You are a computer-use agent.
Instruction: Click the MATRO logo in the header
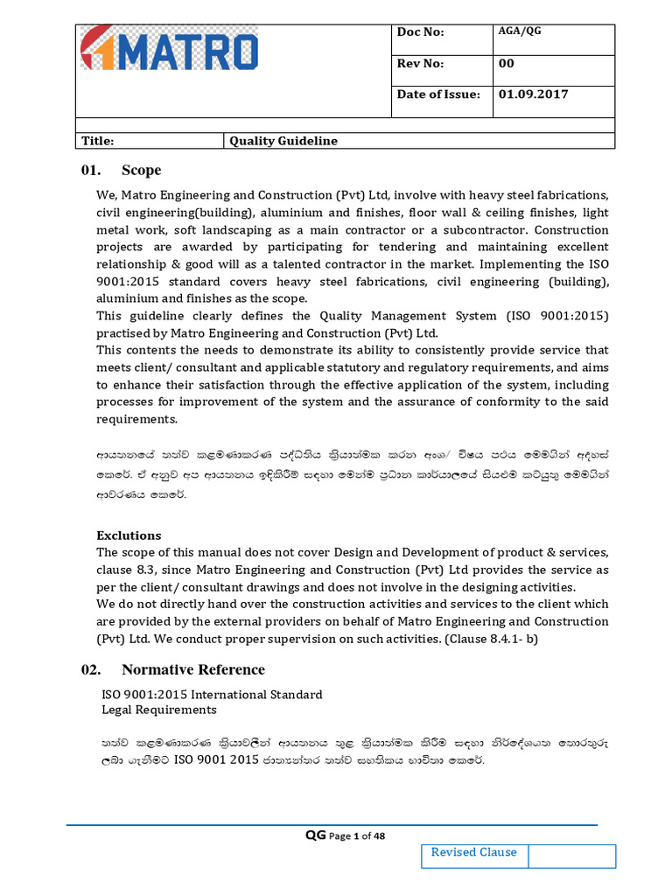click(x=170, y=49)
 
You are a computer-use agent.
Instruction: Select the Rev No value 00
click(x=507, y=63)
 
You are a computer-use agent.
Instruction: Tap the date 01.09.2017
click(x=533, y=94)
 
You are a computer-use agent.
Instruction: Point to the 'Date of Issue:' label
click(x=438, y=94)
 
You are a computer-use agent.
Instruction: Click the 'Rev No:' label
click(x=421, y=63)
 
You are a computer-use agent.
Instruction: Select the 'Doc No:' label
click(x=421, y=32)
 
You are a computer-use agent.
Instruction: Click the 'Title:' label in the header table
click(x=98, y=141)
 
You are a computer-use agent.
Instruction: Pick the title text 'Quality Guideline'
click(x=283, y=141)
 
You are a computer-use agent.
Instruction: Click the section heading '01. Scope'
click(x=121, y=170)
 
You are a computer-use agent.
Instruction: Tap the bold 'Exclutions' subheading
click(x=129, y=535)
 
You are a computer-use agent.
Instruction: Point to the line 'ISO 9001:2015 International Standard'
click(x=213, y=694)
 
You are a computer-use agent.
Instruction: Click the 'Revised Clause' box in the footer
click(x=474, y=853)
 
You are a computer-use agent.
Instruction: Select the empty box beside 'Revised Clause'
click(x=572, y=856)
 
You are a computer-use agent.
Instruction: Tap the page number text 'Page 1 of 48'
click(x=356, y=836)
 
